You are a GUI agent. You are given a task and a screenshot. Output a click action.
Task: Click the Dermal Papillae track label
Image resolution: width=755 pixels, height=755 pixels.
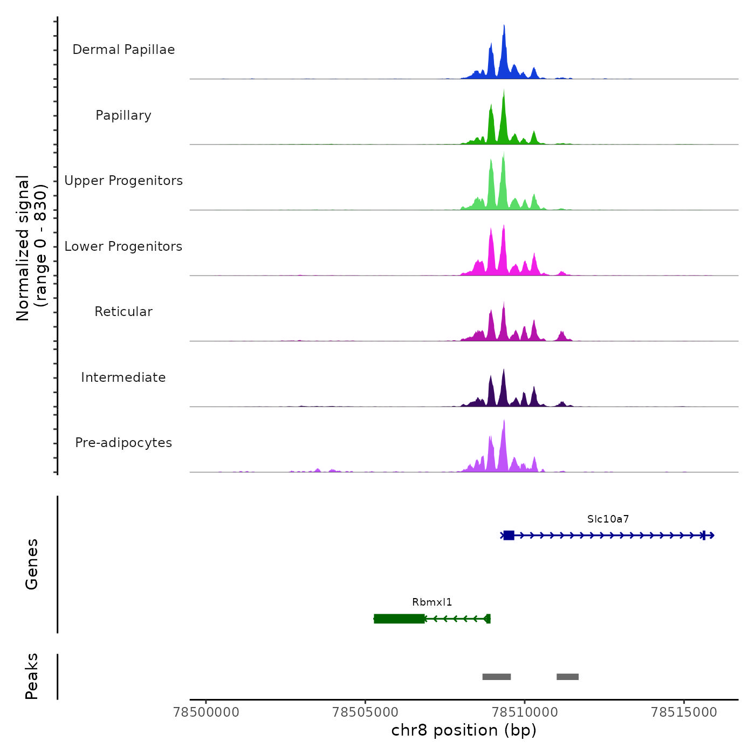(123, 50)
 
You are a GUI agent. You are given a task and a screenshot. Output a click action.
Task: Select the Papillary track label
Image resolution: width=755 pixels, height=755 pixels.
(123, 115)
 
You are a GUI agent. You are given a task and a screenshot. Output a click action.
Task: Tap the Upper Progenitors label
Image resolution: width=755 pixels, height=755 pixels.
(123, 181)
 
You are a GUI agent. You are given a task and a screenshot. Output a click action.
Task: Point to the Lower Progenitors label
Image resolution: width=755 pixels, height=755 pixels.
(123, 246)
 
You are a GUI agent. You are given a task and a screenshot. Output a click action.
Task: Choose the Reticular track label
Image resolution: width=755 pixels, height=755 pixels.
(123, 312)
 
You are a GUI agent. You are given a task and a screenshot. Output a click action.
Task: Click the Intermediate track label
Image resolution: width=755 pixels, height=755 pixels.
(123, 377)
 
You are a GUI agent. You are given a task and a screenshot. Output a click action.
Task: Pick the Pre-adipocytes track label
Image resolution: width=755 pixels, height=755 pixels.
(123, 443)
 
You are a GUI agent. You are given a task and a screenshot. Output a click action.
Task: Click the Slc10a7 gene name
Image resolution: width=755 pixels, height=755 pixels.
(608, 519)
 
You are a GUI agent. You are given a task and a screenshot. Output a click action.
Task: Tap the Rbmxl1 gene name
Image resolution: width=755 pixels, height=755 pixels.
(432, 602)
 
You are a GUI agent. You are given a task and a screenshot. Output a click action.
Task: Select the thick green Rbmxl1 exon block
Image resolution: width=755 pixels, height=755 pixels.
(399, 619)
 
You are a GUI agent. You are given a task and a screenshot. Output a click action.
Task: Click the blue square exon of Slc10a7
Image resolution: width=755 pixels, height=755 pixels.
(509, 535)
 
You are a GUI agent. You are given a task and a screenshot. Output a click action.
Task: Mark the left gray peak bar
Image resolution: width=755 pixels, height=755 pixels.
(496, 677)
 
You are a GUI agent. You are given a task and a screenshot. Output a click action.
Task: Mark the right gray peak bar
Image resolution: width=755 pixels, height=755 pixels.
(567, 677)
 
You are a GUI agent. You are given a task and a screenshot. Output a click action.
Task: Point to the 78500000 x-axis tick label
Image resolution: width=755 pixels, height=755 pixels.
(206, 712)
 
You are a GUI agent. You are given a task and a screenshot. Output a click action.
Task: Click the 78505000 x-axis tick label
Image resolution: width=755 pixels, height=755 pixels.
(366, 712)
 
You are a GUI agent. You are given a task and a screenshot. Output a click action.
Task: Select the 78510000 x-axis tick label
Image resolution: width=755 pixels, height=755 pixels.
(525, 712)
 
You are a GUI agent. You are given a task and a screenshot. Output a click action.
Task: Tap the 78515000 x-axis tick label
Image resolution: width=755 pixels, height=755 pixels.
(684, 712)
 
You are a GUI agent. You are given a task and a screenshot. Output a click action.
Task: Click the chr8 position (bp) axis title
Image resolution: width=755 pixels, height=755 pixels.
(464, 731)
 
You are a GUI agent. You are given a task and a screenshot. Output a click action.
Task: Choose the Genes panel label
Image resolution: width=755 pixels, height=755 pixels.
(32, 564)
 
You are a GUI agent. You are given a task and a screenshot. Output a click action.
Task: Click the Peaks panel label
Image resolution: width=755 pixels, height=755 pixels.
(32, 676)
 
